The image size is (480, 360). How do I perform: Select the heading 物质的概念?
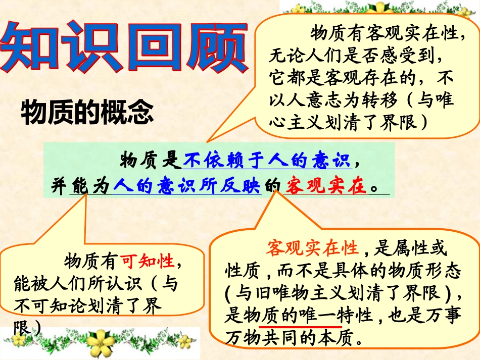coord(87,113)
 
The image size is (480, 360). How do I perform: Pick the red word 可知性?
coord(147,262)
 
